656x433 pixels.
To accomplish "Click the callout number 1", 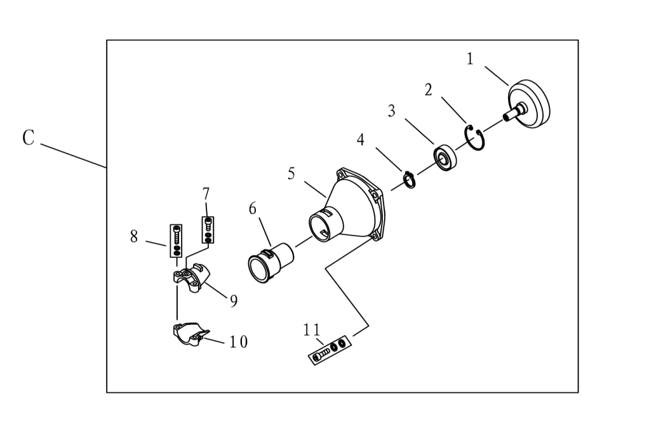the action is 470,59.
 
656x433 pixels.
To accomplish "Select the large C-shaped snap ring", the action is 475,137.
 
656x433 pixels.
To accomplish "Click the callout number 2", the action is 428,90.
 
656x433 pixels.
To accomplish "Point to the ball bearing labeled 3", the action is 445,157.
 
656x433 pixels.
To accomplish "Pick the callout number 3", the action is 391,111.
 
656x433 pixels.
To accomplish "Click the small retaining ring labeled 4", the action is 410,180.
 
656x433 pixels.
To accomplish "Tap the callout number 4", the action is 360,140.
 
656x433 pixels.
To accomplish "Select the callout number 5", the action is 291,173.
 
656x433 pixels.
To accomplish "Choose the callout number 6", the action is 252,208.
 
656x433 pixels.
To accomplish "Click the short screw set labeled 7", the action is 208,230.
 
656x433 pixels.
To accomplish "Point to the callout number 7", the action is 205,194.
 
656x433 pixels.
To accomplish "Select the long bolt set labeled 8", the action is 176,241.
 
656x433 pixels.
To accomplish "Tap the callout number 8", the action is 133,236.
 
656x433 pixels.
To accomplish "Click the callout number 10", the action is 238,342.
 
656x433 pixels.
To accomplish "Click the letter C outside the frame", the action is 28,138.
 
